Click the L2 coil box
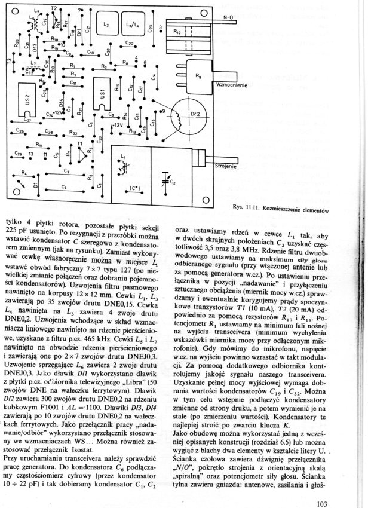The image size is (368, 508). click(x=106, y=25)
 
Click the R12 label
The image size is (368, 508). click(x=176, y=30)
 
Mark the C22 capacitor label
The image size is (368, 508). click(x=128, y=43)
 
